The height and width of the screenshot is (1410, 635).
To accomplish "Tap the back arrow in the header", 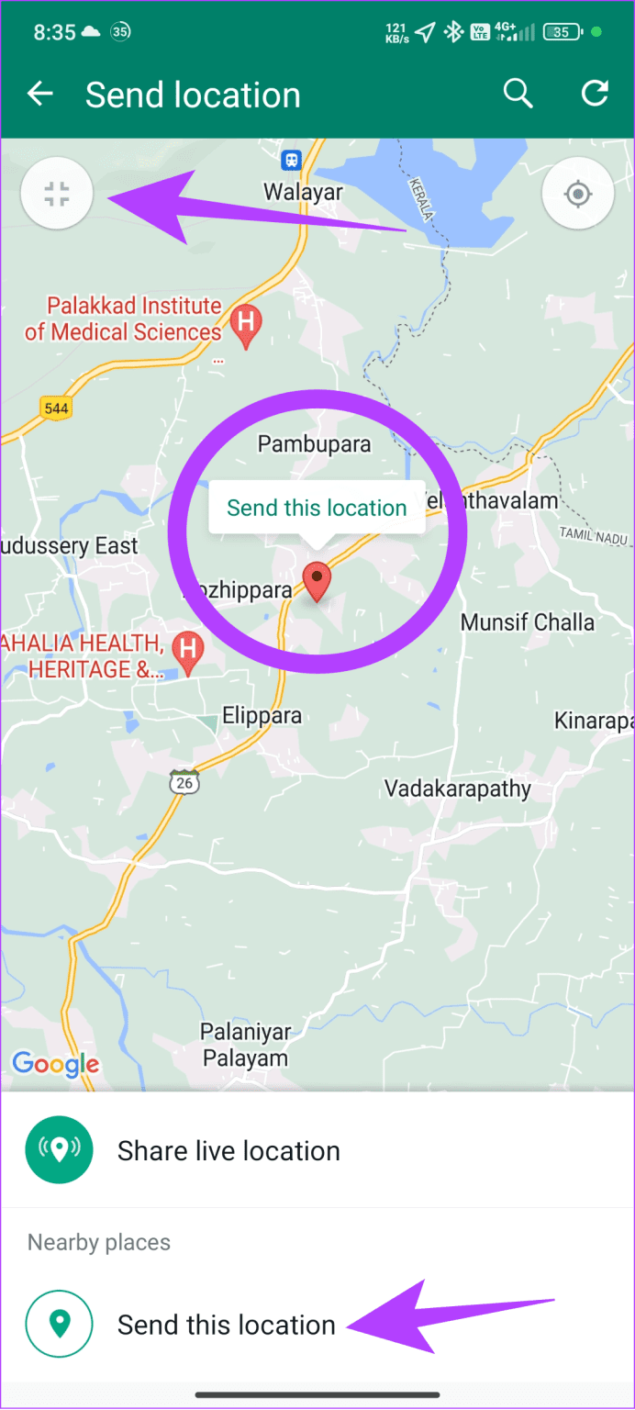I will click(40, 95).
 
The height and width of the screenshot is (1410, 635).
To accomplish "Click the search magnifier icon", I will click(518, 94).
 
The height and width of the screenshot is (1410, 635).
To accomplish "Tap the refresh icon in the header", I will click(595, 94).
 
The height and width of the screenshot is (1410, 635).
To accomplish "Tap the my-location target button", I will click(577, 194).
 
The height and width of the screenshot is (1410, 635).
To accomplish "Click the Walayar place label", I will click(303, 193).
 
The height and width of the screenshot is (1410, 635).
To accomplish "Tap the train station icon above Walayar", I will click(292, 160).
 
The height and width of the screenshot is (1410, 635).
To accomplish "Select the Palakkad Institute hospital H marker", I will click(245, 323).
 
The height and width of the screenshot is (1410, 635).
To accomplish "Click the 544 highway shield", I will click(56, 407).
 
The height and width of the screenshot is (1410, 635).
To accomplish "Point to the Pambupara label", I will click(314, 444).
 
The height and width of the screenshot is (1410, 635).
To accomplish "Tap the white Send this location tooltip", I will click(317, 508).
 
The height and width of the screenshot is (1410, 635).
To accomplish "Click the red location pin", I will click(317, 581).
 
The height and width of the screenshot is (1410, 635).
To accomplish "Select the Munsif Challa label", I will click(527, 622).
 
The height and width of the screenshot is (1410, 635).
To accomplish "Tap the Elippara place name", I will click(262, 716).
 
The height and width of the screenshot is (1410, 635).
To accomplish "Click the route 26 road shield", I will click(184, 783).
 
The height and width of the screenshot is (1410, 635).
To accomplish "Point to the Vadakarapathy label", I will click(457, 789).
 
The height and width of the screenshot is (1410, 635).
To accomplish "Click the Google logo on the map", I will click(55, 1064).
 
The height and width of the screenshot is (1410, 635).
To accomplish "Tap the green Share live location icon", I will click(60, 1150).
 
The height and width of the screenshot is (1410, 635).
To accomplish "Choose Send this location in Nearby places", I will click(226, 1325).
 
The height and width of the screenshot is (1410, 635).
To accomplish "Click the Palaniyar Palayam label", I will click(245, 1046).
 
